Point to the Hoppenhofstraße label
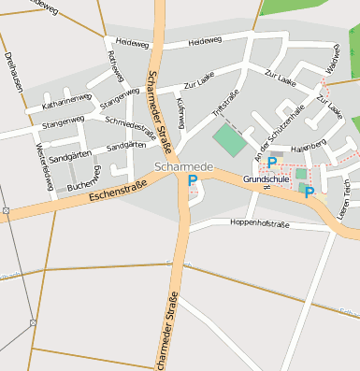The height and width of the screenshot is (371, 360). coord(252,225)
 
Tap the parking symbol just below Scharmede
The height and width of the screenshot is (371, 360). coord(193,181)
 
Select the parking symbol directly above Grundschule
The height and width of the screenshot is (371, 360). coord(272,162)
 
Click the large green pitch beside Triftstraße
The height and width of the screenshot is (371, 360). coord(228,141)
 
